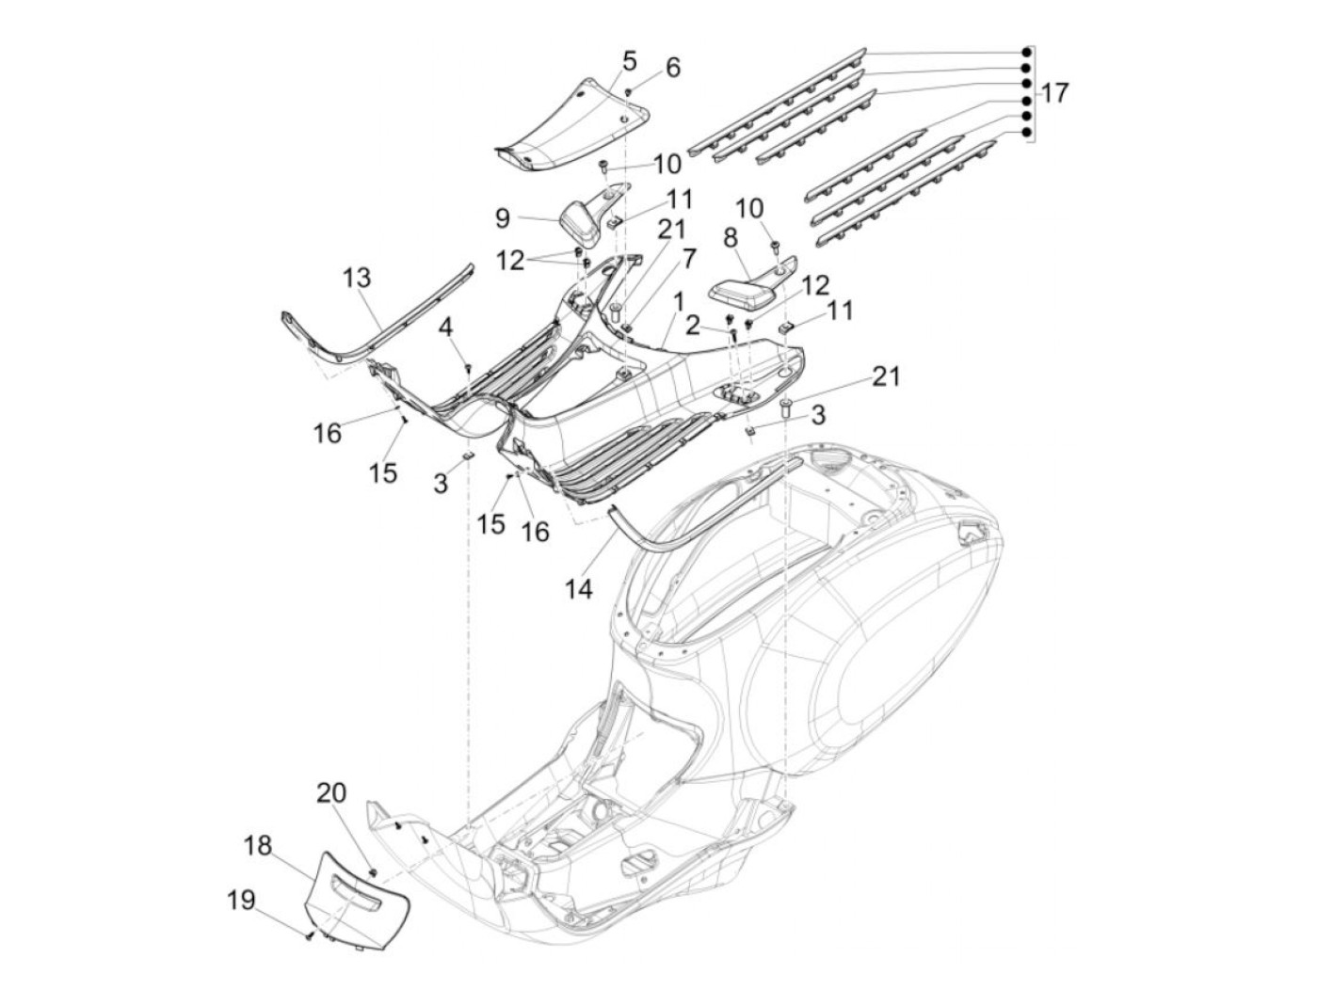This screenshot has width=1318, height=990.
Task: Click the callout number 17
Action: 1055,93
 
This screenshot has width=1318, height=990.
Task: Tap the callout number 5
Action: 629,61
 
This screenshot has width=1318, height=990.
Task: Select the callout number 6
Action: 672,68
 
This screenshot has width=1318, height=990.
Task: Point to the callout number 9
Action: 502,218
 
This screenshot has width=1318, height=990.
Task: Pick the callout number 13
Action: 356,279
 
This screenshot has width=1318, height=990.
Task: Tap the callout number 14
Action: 580,589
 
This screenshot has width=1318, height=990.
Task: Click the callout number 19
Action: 242,901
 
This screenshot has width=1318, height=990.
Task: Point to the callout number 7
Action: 689,256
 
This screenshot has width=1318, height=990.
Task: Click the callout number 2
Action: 692,327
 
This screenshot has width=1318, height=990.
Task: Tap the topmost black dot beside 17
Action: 1025,52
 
